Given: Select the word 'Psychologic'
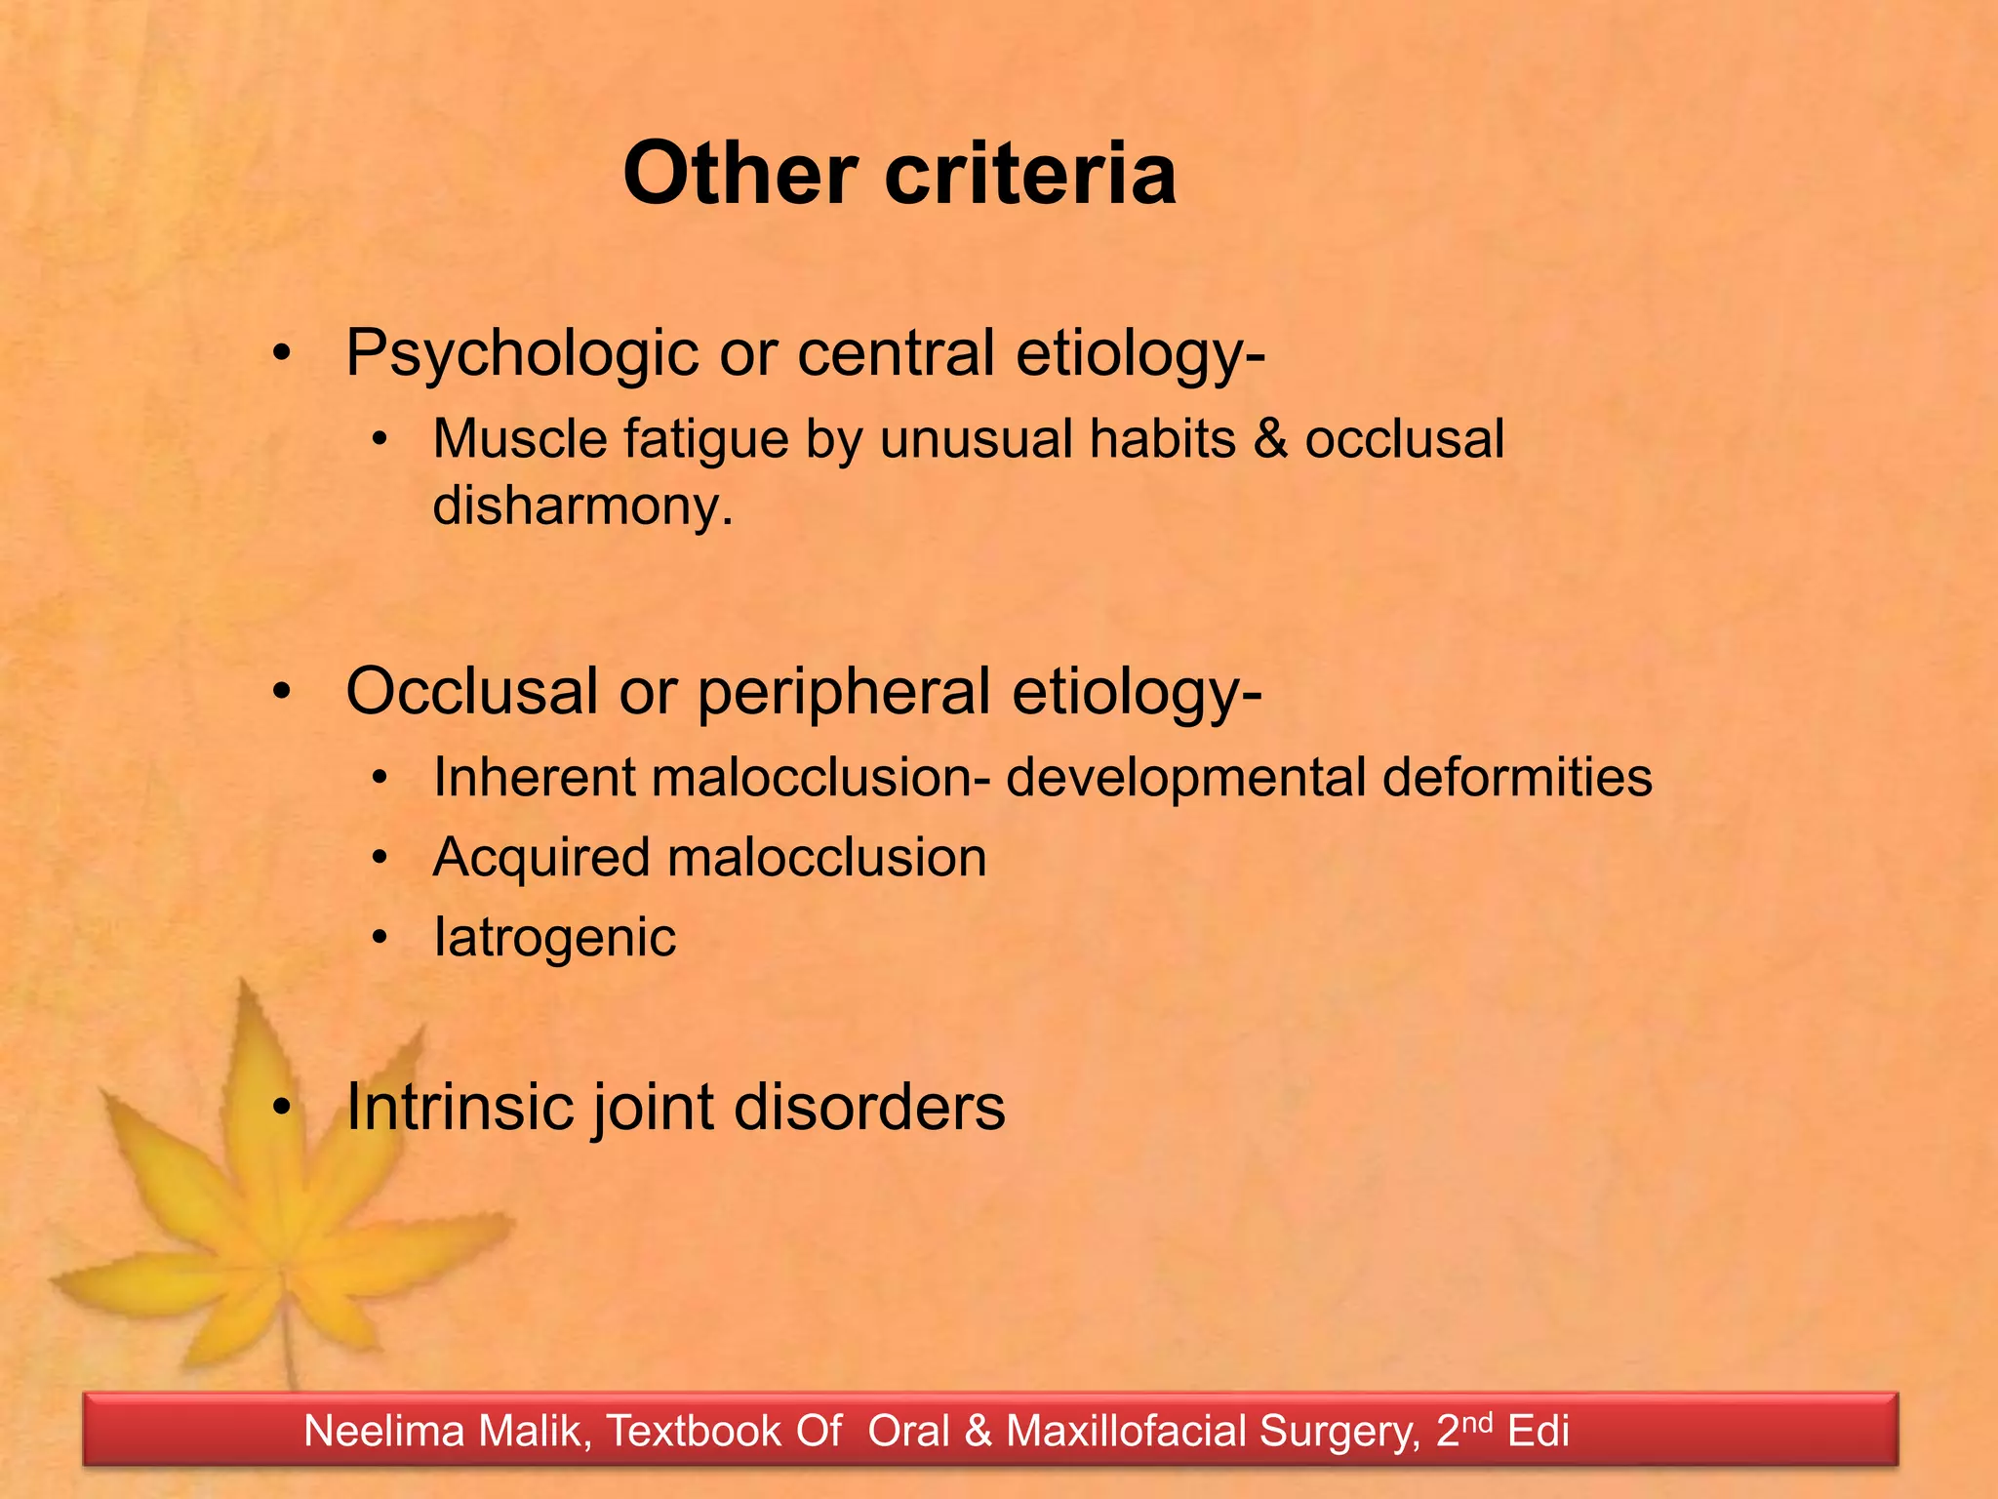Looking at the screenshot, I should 522,353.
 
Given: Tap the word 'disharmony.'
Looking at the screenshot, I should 582,506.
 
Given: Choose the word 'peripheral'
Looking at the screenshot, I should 844,693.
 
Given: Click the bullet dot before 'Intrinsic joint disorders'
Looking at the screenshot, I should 282,1107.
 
